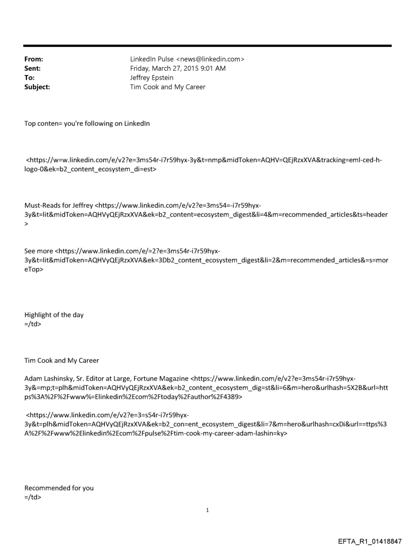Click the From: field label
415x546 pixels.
coord(34,60)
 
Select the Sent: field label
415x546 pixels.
coord(33,69)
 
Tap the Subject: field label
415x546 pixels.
coord(37,87)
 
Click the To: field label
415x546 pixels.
coord(30,78)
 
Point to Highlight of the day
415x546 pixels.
coord(54,314)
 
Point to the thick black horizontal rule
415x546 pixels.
coord(207,46)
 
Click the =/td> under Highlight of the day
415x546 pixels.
coord(33,324)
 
